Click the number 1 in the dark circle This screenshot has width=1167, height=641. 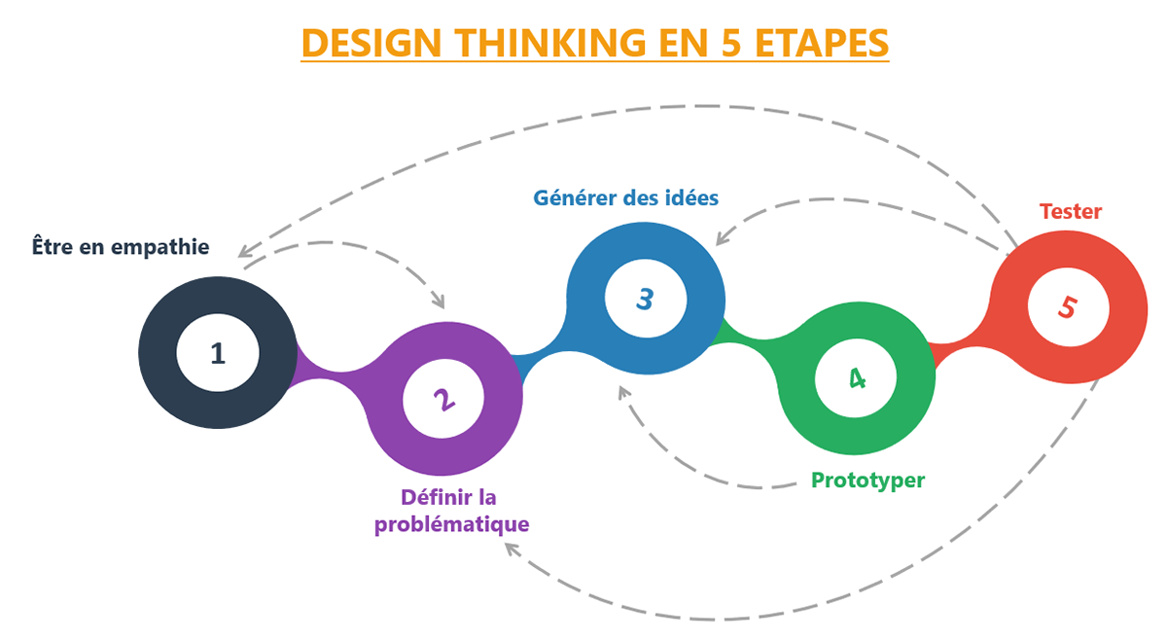point(218,353)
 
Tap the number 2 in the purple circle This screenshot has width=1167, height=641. point(443,399)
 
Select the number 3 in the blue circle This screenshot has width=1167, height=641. point(645,298)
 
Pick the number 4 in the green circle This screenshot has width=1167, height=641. point(856,377)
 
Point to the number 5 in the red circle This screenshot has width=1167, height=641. point(1068,306)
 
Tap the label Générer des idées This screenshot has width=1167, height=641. point(625,196)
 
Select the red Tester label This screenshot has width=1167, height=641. point(1070,211)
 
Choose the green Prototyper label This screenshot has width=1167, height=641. point(867,480)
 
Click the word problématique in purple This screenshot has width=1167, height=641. point(452,524)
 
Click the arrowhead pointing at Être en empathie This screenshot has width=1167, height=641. point(243,252)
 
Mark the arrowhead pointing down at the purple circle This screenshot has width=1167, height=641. point(441,303)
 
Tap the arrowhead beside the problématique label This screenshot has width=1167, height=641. point(511,549)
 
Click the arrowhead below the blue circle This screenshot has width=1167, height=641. point(623,392)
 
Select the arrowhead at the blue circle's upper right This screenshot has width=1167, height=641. point(722,237)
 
